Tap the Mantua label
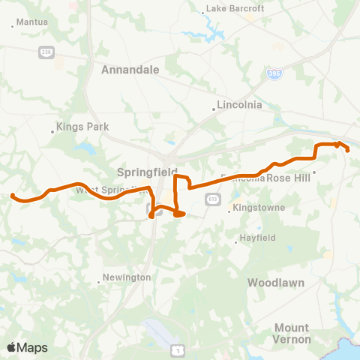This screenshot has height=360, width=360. [31, 22]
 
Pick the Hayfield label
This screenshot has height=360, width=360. [257, 238]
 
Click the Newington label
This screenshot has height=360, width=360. [127, 277]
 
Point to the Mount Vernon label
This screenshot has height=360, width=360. [291, 333]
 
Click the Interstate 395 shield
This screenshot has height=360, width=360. [275, 76]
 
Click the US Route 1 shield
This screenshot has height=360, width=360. [176, 349]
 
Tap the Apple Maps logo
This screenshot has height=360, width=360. [26, 347]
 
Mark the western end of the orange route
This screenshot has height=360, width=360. [13, 196]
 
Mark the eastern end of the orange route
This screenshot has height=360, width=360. [349, 150]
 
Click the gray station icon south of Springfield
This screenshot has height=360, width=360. [149, 211]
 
